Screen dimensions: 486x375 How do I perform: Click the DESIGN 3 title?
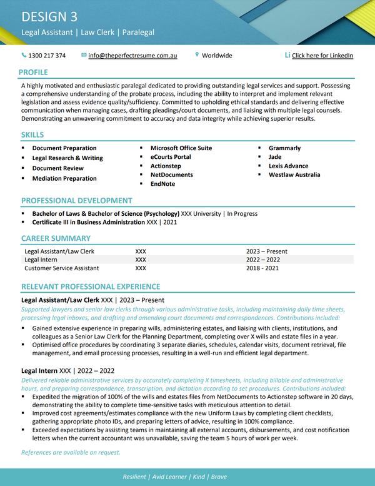(49, 16)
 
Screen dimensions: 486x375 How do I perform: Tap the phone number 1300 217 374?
(47, 56)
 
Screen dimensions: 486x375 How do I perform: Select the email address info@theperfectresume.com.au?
(132, 56)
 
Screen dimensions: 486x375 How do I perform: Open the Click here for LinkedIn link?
(322, 56)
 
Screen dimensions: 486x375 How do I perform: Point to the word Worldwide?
(217, 56)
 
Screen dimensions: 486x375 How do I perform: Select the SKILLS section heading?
(32, 135)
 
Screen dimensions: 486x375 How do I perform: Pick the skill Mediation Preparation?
(64, 178)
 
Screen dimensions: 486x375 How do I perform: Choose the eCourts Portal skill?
(171, 157)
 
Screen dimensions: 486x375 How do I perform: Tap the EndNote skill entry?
(162, 184)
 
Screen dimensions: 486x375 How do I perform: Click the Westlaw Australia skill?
(294, 175)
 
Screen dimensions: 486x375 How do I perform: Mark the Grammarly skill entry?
(284, 148)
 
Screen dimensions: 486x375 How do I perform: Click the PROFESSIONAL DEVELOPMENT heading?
(77, 201)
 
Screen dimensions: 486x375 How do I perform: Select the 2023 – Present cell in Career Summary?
(267, 251)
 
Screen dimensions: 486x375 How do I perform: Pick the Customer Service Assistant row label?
(61, 268)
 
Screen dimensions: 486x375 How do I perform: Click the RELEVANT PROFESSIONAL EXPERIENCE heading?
(91, 286)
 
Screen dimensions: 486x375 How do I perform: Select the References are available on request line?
(71, 452)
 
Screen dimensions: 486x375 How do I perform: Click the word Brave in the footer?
(219, 477)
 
